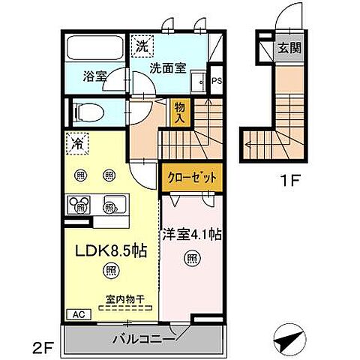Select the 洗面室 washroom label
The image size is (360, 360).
166,66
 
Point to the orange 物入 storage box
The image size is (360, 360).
180,112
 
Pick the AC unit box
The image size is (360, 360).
79,315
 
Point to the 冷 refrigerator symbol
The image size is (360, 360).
77,142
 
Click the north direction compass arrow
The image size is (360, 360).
288,341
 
